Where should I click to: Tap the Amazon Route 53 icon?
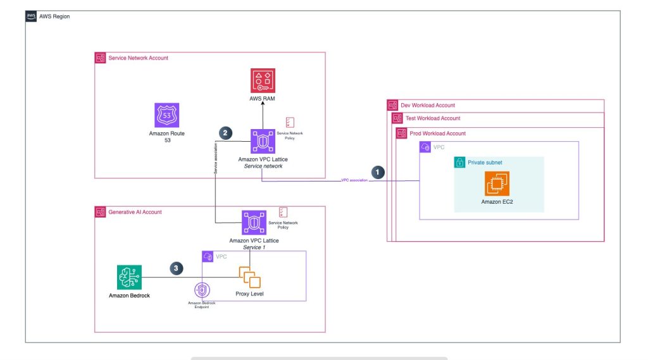(x=168, y=116)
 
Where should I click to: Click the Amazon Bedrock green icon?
(x=130, y=277)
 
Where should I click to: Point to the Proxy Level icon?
(x=249, y=277)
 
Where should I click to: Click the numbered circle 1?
(x=378, y=171)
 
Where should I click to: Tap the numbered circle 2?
(x=225, y=133)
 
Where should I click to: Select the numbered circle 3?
(x=177, y=268)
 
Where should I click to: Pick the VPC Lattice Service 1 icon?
(x=254, y=223)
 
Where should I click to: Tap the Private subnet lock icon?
(x=460, y=163)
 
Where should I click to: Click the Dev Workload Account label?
(x=428, y=105)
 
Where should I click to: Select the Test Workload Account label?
(x=433, y=118)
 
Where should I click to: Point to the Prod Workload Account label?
(x=437, y=133)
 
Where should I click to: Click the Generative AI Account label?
(x=135, y=212)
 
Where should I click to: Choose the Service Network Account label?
(x=138, y=58)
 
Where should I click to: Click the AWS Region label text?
(x=56, y=16)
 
